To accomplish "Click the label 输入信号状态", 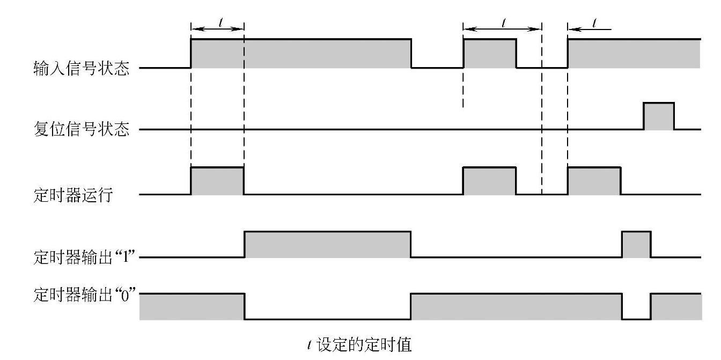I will tap(81, 69).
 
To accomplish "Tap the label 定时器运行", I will tap(73, 195).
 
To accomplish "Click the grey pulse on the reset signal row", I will tap(659, 116).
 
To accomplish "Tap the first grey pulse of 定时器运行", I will tap(217, 181).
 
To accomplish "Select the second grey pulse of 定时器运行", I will tap(489, 181).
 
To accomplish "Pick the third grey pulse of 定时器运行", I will tap(594, 181).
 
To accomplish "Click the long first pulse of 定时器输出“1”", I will tap(327, 245).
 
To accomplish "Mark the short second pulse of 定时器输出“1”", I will tap(636, 245).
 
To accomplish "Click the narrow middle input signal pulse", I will tap(489, 53).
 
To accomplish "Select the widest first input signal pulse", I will tap(301, 53).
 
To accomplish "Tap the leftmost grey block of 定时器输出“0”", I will tap(192, 306).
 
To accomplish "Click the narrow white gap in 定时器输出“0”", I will tap(636, 306).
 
